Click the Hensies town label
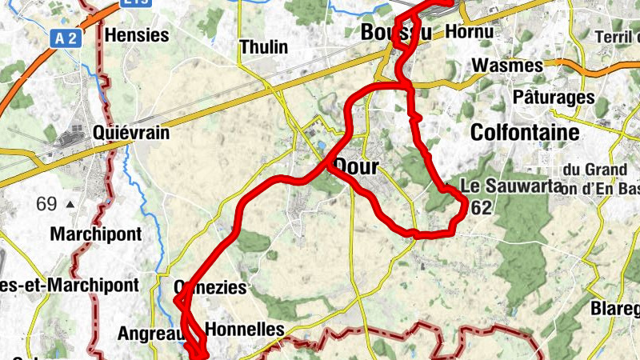[137, 35]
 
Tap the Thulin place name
[263, 47]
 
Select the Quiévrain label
[130, 132]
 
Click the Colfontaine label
[525, 132]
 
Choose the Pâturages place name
[554, 98]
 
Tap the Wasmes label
[508, 65]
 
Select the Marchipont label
[95, 234]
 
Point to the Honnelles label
[245, 329]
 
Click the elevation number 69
[46, 204]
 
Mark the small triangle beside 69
[70, 205]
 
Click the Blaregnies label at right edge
[616, 309]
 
